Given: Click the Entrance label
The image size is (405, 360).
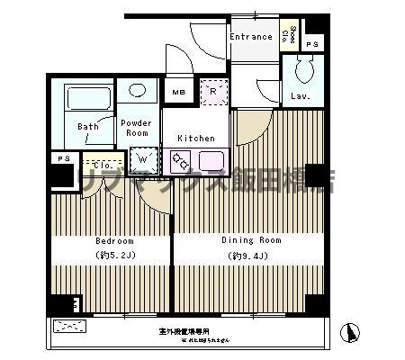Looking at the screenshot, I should click(x=250, y=37).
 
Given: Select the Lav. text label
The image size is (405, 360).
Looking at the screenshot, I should click(x=300, y=96).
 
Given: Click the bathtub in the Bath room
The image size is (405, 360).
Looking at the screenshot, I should click(x=87, y=98).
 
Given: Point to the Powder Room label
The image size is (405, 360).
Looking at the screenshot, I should click(x=136, y=127).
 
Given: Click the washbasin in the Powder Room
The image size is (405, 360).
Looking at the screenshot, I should click(x=137, y=91).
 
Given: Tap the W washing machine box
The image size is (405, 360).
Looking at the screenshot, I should click(x=142, y=159).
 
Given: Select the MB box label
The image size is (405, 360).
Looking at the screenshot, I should click(x=178, y=92).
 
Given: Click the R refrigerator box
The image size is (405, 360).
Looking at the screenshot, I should click(x=214, y=92).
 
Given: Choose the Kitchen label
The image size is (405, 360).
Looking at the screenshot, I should click(x=195, y=138).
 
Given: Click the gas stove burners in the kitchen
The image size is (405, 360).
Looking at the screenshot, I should click(x=179, y=162).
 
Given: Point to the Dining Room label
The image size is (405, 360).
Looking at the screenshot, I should click(x=251, y=240).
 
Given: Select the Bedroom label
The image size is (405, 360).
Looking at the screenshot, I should click(x=114, y=241).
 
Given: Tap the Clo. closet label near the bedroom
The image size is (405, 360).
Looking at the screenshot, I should click(x=102, y=166).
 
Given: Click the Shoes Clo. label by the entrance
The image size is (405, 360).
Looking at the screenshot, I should click(x=286, y=35).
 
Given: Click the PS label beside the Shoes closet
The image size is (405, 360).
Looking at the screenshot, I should click(x=311, y=43).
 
